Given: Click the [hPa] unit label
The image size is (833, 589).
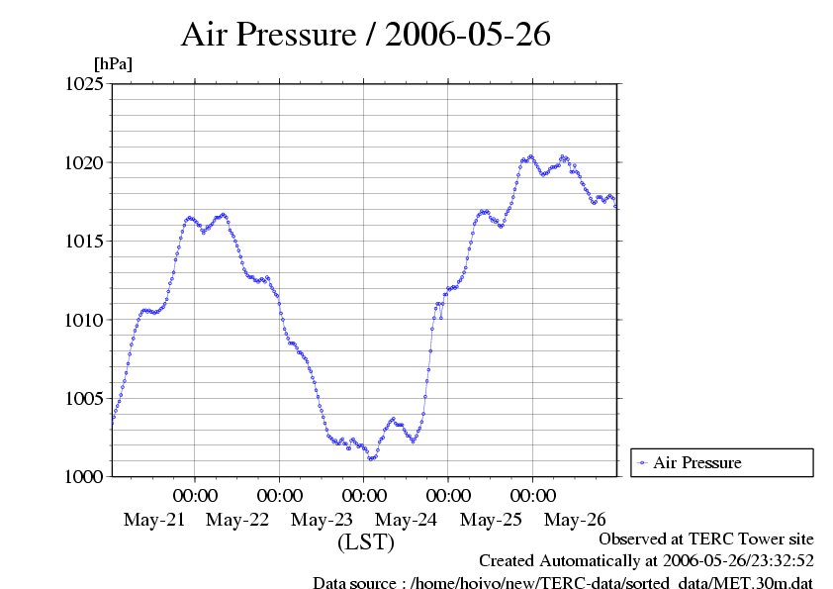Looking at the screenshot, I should (113, 63).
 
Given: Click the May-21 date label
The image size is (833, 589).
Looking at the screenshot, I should (155, 520).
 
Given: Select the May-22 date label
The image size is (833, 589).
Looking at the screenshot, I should (239, 520).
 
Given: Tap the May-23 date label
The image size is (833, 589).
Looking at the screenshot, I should (324, 520).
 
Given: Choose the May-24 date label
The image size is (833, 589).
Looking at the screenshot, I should (408, 520).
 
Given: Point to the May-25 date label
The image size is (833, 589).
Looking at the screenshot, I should (492, 520).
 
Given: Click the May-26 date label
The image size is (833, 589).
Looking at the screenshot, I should (576, 520).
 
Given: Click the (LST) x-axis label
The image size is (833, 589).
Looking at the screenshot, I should (366, 542).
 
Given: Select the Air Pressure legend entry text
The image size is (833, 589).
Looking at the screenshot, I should (696, 462).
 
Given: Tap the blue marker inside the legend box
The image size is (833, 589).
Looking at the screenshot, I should (642, 462).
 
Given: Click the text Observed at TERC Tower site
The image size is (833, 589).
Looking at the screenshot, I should (706, 540).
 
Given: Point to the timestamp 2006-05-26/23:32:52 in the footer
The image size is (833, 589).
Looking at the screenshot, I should (741, 561).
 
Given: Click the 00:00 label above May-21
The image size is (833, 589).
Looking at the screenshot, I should (196, 495).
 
